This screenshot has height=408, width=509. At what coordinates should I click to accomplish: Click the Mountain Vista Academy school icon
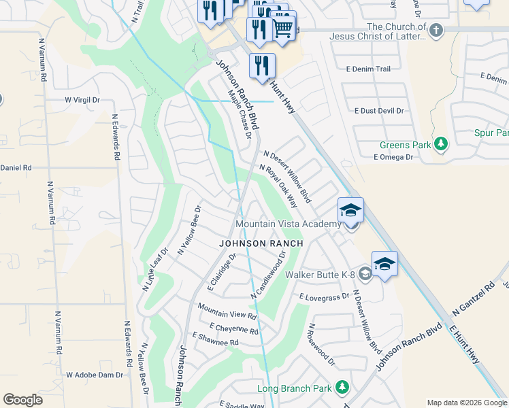[350, 209]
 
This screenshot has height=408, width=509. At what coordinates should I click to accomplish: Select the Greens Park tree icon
[442, 144]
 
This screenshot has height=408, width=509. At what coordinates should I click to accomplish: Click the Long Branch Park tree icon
[342, 388]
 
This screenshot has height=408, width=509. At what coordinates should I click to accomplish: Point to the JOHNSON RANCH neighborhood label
[260, 243]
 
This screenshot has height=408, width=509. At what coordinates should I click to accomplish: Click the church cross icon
[436, 31]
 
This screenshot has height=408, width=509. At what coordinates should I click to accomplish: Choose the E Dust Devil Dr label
[380, 110]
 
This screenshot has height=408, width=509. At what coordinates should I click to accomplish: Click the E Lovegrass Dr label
[324, 296]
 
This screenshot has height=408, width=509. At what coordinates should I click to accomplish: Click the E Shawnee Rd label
[216, 341]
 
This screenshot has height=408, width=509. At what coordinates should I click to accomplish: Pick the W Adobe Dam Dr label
[95, 375]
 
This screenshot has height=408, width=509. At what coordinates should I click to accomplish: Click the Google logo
[22, 400]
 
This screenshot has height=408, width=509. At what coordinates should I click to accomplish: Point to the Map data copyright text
[466, 403]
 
